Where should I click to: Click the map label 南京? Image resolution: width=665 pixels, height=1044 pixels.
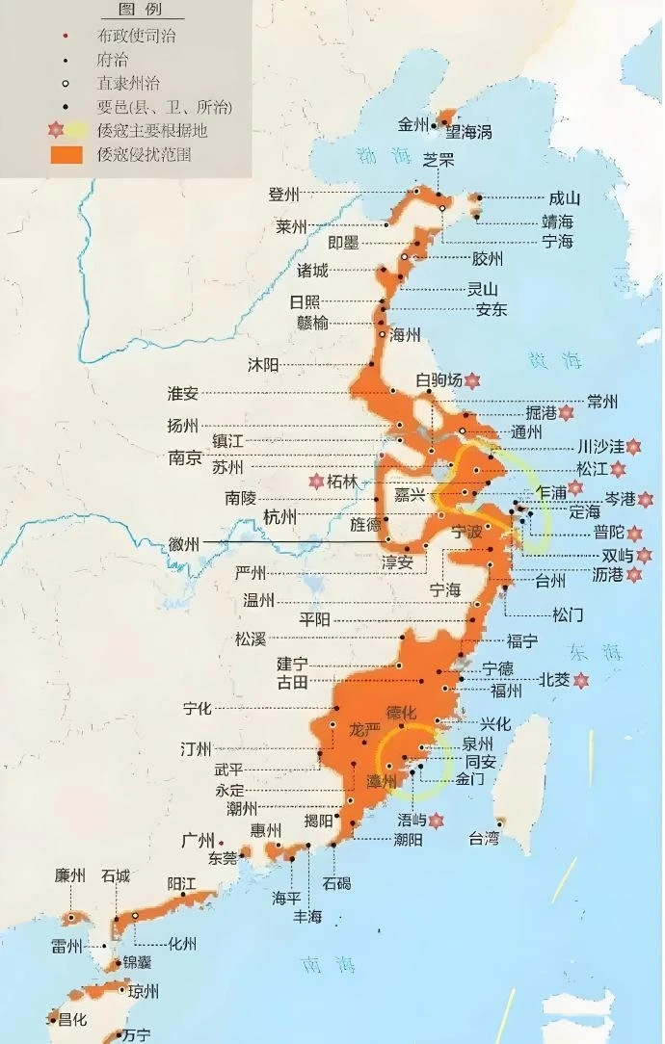click(184, 458)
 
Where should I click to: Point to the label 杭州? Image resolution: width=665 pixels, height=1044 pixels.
click(281, 517)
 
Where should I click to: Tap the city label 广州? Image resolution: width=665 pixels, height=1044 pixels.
click(197, 840)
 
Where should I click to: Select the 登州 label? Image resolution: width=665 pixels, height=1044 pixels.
click(284, 195)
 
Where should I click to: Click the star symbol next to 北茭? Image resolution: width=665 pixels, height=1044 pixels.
click(581, 681)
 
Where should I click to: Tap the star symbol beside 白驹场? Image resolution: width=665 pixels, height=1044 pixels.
click(472, 381)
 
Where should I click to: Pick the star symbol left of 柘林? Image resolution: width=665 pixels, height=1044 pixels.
click(315, 481)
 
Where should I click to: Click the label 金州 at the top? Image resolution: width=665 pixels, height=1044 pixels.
click(414, 124)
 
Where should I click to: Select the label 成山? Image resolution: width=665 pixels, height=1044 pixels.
click(564, 198)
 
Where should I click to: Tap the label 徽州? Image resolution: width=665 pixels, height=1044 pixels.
click(183, 544)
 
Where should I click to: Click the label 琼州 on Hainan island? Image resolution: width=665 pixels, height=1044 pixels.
click(142, 991)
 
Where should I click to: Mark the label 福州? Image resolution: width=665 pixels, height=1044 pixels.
click(506, 691)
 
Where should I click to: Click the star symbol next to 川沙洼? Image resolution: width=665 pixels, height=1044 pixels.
click(633, 447)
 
